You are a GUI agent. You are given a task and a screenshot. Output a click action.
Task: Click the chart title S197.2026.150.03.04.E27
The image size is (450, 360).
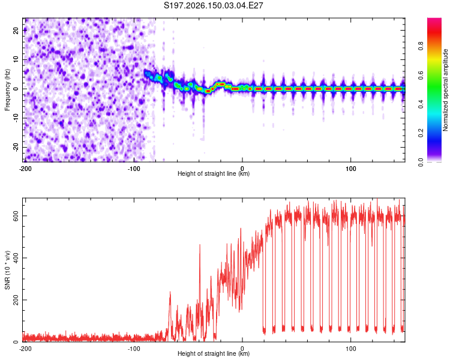tap(213, 5)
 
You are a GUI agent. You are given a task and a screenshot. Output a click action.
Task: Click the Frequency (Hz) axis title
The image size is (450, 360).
tap(7, 90)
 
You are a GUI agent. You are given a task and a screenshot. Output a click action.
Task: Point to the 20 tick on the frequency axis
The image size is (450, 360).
tap(16, 30)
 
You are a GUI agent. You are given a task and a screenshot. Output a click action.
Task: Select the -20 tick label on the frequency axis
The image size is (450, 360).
tap(16, 147)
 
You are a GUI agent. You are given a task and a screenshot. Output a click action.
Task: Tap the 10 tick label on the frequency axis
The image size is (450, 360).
tap(16, 59)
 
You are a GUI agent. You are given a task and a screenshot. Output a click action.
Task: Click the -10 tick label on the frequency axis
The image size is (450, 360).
tap(16, 118)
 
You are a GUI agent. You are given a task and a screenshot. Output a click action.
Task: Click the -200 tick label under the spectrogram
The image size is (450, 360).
tap(25, 169)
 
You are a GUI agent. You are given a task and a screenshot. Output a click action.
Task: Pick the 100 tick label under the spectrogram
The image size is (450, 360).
tap(351, 169)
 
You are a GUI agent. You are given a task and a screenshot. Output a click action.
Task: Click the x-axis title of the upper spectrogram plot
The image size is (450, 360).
tap(214, 173)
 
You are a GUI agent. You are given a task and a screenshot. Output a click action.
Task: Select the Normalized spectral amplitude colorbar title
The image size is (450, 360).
tap(445, 90)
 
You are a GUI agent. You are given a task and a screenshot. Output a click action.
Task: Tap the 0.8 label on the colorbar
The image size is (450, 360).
tap(421, 46)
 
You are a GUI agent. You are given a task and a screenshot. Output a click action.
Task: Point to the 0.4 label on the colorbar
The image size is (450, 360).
tap(421, 104)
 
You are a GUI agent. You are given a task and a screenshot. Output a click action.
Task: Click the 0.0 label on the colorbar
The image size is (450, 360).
tap(421, 162)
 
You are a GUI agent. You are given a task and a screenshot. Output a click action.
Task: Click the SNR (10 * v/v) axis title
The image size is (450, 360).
tap(7, 270)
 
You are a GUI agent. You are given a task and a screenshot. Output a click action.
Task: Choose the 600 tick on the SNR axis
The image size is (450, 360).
tap(16, 216)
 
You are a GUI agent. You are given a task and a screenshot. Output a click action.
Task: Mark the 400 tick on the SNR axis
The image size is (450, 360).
tap(16, 258)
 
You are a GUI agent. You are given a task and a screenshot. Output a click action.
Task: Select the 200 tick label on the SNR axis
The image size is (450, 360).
tap(16, 300)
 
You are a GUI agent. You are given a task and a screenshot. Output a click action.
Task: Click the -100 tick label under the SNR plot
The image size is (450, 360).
tap(134, 349)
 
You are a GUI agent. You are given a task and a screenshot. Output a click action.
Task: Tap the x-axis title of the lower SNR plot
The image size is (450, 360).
tap(214, 353)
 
